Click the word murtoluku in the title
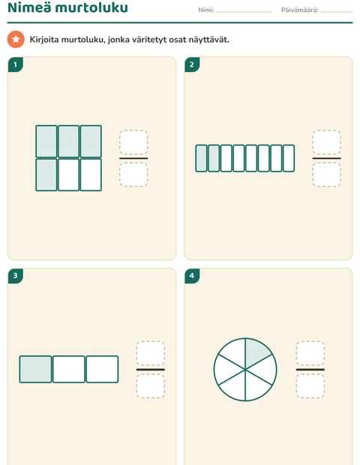point(91,7)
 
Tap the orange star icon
point(16,39)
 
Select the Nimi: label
point(206,10)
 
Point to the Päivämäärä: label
point(299,10)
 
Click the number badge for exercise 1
point(16,64)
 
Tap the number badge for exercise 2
point(192,64)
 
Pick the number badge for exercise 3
point(16,276)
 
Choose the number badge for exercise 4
point(192,276)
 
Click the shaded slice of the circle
point(255,352)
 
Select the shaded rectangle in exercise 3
point(35,369)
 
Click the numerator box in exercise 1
point(133,142)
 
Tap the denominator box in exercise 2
point(326,174)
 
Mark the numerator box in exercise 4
point(310,353)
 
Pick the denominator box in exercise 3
point(151,385)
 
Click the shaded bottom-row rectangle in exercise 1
point(46,175)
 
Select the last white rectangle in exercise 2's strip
point(289,158)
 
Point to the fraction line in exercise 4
point(310,370)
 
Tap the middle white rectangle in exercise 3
point(69,369)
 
